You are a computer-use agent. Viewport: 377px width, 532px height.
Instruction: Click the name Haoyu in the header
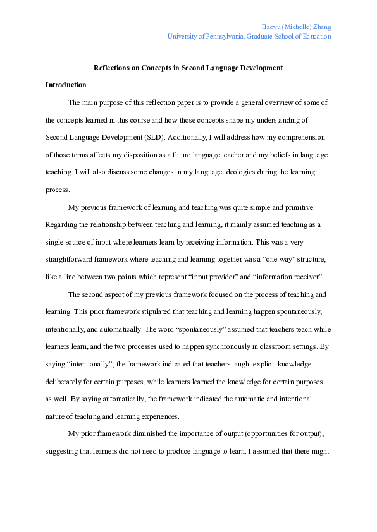pos(272,27)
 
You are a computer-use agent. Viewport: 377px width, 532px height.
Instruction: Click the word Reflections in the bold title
pos(111,68)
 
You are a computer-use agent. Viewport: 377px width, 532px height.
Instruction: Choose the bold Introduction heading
pos(66,85)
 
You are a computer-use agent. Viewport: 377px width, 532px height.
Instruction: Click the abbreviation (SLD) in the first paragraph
pos(158,136)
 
